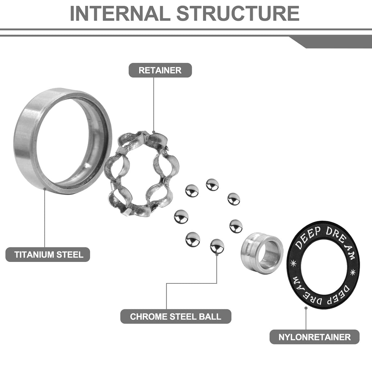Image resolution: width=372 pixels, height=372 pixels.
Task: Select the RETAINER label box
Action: coord(160,70)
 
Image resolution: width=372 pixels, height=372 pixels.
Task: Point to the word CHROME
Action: coord(148,316)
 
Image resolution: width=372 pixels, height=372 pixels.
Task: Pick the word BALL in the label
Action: coord(210,316)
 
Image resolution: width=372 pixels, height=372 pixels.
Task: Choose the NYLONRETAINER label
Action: coord(315,337)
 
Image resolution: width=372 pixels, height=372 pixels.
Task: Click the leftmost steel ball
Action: coord(181,217)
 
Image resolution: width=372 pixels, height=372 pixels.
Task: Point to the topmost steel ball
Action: coord(212,185)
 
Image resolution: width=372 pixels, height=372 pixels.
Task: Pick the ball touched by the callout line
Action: coord(217,246)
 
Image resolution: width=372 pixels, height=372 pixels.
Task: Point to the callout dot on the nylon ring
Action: coord(306,308)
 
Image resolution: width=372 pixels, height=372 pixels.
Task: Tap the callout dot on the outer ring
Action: coord(45,188)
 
